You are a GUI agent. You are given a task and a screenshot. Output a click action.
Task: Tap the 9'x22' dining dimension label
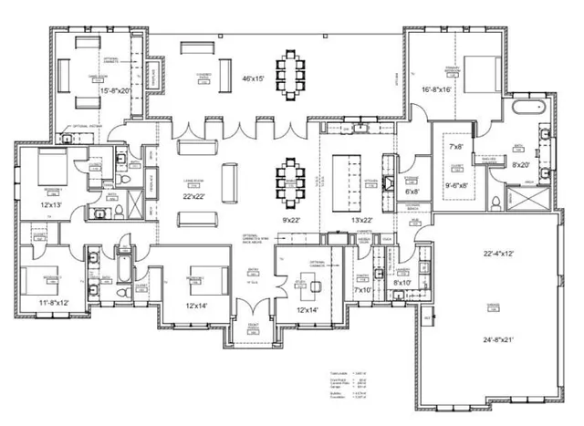292,220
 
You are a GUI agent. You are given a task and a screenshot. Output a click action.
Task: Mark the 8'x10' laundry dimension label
401,284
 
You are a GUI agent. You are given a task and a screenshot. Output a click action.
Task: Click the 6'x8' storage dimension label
412,192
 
